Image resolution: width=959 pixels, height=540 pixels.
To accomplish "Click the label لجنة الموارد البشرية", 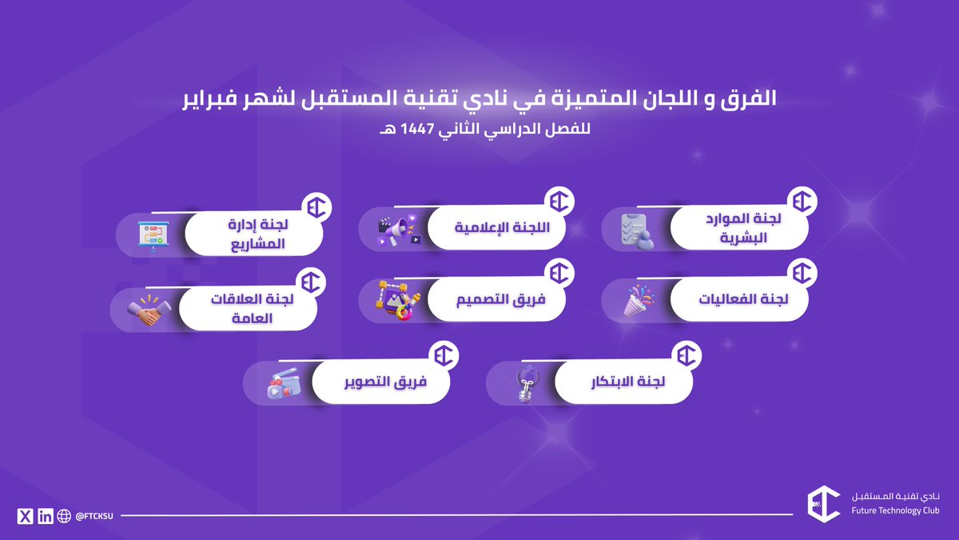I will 749,229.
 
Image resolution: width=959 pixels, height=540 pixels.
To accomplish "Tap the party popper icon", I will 639,302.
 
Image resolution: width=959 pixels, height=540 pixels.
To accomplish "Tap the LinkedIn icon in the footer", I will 46,516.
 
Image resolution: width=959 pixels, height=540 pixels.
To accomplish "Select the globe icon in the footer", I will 65,516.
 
